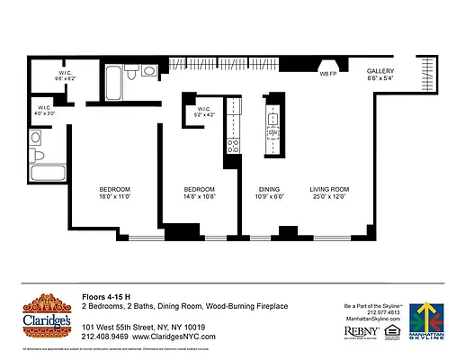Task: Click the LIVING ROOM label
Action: (x=329, y=188)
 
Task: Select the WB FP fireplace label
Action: (x=327, y=74)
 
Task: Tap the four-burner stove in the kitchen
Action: (x=232, y=145)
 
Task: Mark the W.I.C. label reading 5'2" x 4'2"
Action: (x=205, y=111)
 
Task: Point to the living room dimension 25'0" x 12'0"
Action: (x=329, y=195)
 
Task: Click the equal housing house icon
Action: (x=391, y=331)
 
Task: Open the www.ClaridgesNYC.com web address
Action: (x=174, y=337)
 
